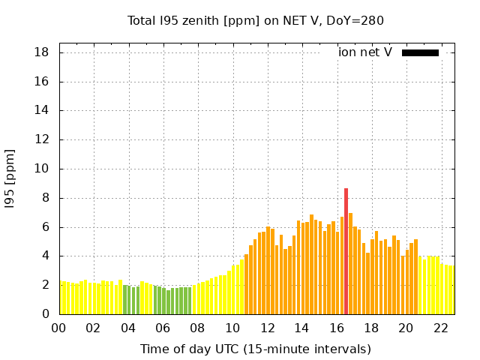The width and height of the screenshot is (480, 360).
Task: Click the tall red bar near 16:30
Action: click(x=346, y=251)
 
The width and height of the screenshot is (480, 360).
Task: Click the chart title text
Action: click(x=256, y=21)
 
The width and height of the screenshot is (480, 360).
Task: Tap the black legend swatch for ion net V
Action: click(x=420, y=52)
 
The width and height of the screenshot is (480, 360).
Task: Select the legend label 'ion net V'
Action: click(x=365, y=52)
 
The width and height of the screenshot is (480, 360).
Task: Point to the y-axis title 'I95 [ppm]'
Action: click(x=10, y=181)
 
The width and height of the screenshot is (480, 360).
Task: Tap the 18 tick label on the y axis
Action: click(x=42, y=52)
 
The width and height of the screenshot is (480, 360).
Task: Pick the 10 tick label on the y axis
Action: click(x=42, y=169)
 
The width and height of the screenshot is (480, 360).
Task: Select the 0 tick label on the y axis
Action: click(x=45, y=314)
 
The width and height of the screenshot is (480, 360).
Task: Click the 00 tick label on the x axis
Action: click(x=59, y=328)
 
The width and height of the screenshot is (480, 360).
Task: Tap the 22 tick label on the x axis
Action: click(x=441, y=328)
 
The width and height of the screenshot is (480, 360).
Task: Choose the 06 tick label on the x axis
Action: click(x=163, y=328)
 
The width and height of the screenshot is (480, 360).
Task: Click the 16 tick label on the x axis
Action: click(x=337, y=328)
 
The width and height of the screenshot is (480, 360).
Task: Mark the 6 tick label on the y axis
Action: click(x=45, y=227)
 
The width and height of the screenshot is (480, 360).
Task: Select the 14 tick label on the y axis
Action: click(x=42, y=110)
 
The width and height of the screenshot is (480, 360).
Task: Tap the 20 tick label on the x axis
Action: click(x=406, y=328)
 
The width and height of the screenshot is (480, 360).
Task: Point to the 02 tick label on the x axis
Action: click(x=94, y=328)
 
